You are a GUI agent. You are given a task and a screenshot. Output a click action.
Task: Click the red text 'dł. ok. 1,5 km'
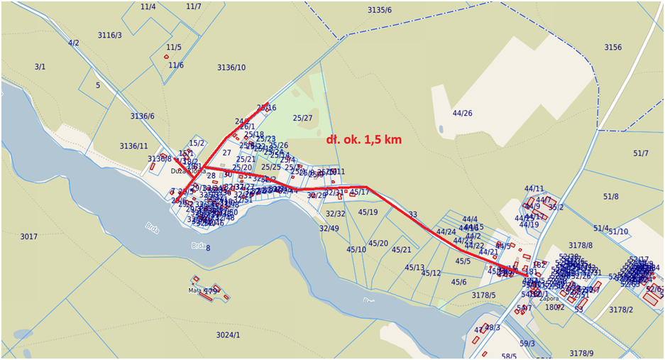click(x=363, y=140)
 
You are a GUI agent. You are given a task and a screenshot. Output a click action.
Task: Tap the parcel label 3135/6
click(x=380, y=10)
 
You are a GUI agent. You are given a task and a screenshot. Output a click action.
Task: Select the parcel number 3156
click(x=612, y=48)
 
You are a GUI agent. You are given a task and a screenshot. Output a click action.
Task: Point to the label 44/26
click(x=462, y=113)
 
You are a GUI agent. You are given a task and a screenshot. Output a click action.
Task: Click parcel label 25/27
click(x=302, y=118)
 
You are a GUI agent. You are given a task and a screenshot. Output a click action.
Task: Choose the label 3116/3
click(x=109, y=35)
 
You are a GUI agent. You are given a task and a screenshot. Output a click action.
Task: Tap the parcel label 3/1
click(x=40, y=67)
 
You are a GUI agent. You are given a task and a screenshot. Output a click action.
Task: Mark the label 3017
click(x=28, y=236)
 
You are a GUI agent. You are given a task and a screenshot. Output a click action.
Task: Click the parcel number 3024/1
click(x=228, y=335)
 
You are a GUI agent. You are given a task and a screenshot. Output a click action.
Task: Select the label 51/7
click(x=641, y=153)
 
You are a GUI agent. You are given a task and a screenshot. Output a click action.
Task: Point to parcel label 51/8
click(x=610, y=197)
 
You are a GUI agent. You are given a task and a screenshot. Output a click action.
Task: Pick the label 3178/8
click(x=581, y=245)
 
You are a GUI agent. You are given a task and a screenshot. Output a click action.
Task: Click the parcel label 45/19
click(x=368, y=212)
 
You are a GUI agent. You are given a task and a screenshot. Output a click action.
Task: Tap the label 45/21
click(x=401, y=250)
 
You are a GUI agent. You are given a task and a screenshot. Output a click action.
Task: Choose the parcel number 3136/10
click(x=231, y=67)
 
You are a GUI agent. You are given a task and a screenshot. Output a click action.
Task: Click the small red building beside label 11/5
click(x=167, y=57)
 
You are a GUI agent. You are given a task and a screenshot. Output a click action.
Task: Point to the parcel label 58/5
click(x=509, y=356)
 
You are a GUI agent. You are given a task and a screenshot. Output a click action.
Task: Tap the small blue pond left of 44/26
click(x=441, y=130)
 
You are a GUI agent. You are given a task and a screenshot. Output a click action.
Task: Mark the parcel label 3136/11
click(x=133, y=146)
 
